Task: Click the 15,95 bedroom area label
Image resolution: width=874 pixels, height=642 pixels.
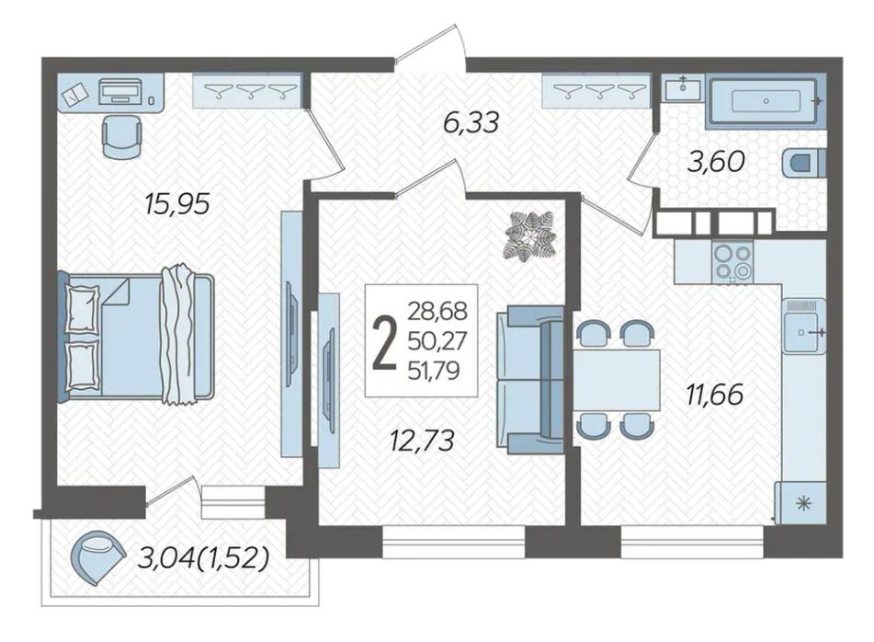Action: (176, 204)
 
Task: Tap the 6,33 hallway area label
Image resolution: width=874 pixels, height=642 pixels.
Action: (470, 122)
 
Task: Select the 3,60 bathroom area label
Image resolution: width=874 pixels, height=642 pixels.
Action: (716, 162)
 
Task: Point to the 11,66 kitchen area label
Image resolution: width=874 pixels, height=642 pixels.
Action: (714, 395)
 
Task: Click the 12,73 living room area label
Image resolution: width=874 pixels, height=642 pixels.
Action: (422, 440)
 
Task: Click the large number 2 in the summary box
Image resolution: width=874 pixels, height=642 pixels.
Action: (384, 341)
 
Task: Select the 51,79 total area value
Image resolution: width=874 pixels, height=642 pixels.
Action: (437, 370)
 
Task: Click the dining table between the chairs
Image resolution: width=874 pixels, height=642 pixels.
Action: (617, 379)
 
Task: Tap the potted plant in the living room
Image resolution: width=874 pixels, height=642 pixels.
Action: (530, 235)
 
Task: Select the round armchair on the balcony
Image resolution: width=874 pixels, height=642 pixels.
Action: (97, 557)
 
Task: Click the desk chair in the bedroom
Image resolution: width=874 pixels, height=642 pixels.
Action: (122, 137)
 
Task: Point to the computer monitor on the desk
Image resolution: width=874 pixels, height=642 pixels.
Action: (119, 91)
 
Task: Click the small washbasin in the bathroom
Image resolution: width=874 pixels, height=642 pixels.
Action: (683, 87)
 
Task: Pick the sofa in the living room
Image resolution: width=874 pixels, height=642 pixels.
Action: (530, 381)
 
